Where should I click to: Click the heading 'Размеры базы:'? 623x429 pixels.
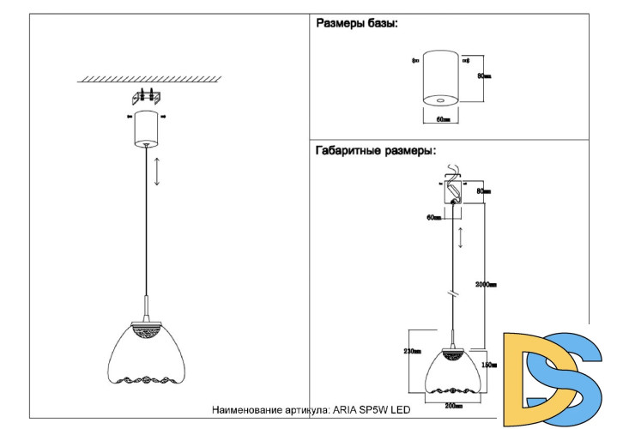357,24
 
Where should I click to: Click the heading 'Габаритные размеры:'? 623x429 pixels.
376,150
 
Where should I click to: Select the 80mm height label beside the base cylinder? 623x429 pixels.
484,76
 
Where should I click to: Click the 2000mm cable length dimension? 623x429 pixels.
487,284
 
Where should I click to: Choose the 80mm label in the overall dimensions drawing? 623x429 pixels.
483,191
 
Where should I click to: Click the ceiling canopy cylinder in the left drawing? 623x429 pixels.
146,128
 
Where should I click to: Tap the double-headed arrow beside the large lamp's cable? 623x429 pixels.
156,172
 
